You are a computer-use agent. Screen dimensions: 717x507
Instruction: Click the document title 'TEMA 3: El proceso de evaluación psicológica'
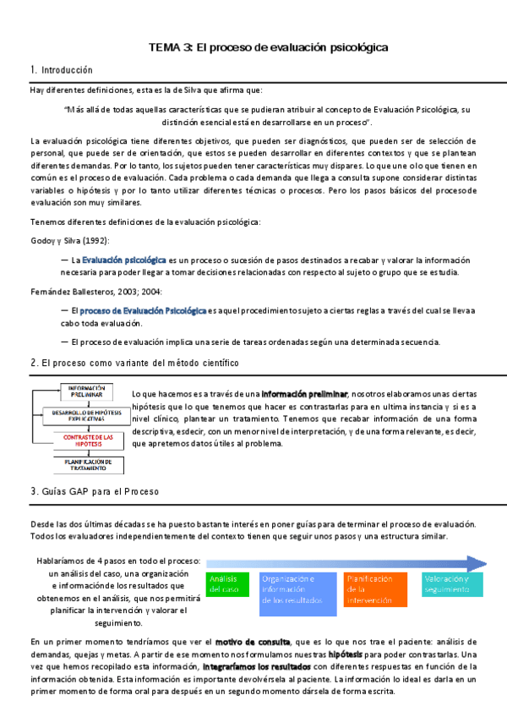pos(269,48)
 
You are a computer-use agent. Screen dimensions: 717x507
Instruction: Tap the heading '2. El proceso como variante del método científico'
pos(134,362)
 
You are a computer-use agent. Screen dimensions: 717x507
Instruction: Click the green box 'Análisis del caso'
pos(227,583)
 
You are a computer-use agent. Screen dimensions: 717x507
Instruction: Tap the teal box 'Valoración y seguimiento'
pos(451,583)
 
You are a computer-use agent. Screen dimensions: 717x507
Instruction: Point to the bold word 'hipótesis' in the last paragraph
pos(347,654)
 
